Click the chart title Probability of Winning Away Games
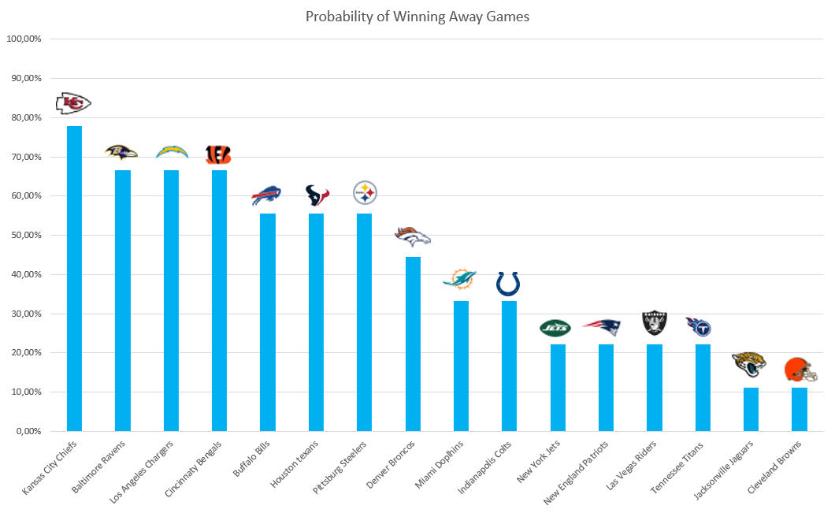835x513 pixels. click(x=417, y=17)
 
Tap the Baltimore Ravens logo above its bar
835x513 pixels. click(x=122, y=152)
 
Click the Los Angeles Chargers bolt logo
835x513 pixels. click(x=172, y=151)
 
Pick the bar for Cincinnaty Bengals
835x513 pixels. click(x=219, y=300)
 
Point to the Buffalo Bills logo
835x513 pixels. click(x=266, y=195)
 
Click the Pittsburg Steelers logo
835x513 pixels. click(x=365, y=192)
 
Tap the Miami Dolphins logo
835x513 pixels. click(x=459, y=278)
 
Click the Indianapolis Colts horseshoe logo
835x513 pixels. click(x=508, y=284)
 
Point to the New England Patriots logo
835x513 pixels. click(x=603, y=327)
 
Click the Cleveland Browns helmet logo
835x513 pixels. click(x=800, y=370)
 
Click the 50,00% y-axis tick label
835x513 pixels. click(x=26, y=235)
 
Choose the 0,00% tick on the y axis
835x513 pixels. click(x=28, y=431)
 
